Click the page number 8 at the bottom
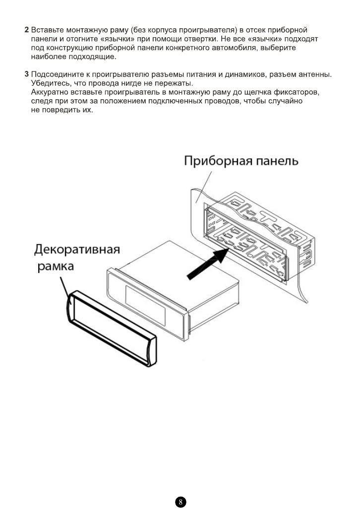click(x=180, y=502)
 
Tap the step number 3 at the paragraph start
click(x=27, y=74)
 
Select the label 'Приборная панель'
click(x=241, y=161)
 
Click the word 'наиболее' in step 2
click(x=47, y=57)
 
